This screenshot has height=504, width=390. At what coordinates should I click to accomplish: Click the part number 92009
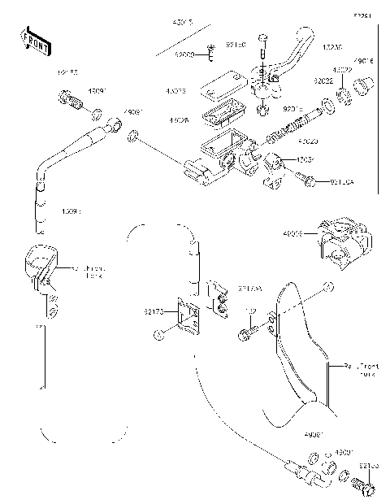[185, 54]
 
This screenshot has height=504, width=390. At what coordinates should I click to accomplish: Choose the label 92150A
[342, 181]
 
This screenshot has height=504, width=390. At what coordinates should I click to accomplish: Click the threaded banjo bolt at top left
[71, 102]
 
